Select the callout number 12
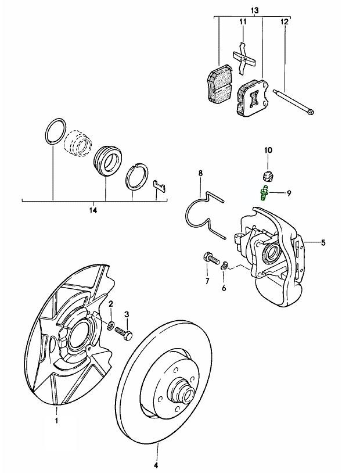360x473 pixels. [x=284, y=22]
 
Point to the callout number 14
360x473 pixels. [x=96, y=208]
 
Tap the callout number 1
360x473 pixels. [x=57, y=419]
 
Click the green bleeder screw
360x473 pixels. [x=263, y=192]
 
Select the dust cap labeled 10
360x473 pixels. [x=268, y=175]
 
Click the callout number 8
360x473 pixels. [x=200, y=173]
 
